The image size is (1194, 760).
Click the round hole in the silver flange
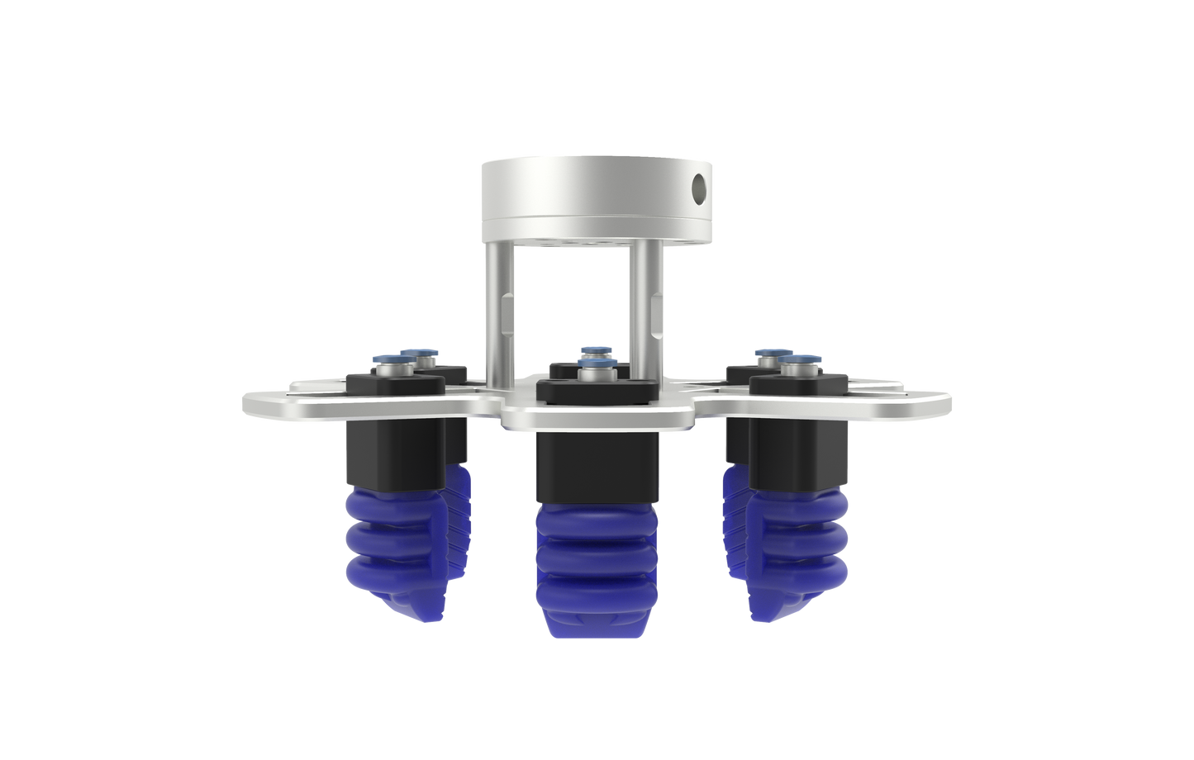point(701,188)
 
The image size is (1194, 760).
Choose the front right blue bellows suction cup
point(800,545)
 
